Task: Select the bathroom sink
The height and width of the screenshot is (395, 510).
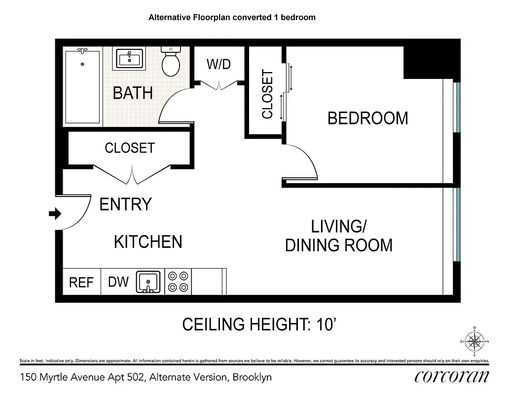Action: pos(130,59)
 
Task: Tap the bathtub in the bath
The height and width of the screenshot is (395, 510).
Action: pos(83,86)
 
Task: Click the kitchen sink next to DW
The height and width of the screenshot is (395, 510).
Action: pos(148,282)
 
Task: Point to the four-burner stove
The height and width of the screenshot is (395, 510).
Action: pos(178,282)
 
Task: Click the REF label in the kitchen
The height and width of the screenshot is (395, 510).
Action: pos(81,282)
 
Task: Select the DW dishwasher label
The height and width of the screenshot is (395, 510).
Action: pos(118,282)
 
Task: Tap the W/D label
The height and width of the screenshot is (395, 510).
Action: pos(219,64)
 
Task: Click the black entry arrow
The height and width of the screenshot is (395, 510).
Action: pos(54,214)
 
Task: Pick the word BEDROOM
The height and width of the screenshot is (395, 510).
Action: pos(368,118)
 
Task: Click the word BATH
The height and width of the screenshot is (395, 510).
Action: pos(133,93)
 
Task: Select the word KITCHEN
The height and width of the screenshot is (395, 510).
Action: pos(148,242)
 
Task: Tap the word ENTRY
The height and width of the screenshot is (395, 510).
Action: pos(125,204)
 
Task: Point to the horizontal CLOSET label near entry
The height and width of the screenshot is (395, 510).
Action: pos(129,148)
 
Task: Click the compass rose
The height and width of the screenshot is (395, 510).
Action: pos(474,341)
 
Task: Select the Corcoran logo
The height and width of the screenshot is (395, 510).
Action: pos(452,377)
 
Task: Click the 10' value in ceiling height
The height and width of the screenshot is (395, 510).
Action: pos(325,324)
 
